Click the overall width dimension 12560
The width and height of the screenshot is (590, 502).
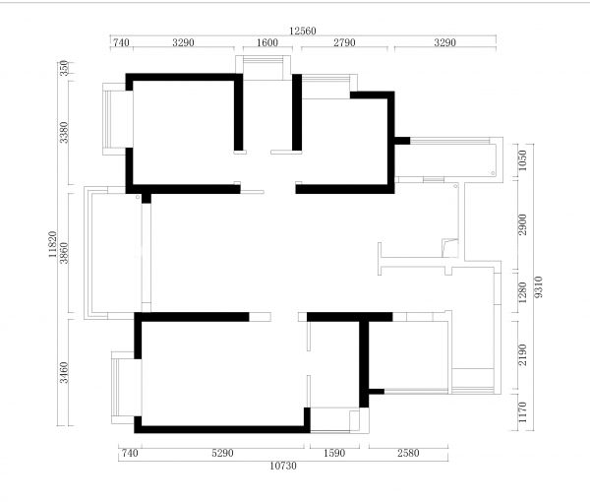(x=303, y=31)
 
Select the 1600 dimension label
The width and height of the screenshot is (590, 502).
(x=267, y=42)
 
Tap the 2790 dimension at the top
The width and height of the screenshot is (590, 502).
(x=344, y=42)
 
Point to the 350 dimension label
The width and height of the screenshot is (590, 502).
(x=64, y=68)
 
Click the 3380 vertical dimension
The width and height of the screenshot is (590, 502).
(x=64, y=132)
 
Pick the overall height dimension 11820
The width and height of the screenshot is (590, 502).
(x=53, y=244)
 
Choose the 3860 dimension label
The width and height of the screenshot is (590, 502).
(x=64, y=253)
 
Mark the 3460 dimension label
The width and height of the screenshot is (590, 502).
(x=64, y=372)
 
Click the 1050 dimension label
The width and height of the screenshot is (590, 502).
(x=523, y=160)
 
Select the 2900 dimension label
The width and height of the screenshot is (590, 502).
(x=523, y=224)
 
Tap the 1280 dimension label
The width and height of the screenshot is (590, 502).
(x=523, y=292)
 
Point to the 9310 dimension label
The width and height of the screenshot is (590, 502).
(x=539, y=287)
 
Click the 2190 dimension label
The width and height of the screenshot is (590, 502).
(x=523, y=354)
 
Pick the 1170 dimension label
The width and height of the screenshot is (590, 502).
(x=523, y=412)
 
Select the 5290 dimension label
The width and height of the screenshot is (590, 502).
(x=222, y=453)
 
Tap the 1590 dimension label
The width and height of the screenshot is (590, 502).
(x=334, y=453)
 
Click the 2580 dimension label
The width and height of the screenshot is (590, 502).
(x=408, y=453)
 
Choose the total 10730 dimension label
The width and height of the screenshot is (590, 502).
(x=283, y=466)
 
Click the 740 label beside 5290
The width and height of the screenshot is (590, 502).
(x=130, y=453)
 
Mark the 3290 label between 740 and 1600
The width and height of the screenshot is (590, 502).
(x=183, y=42)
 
